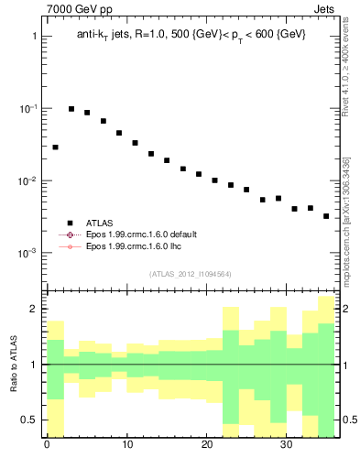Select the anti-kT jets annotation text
191,34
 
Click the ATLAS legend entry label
100,223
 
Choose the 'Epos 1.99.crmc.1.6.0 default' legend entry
141,234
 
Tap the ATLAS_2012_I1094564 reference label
190,274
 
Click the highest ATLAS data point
71,109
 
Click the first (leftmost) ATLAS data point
55,147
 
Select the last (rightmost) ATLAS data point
326,216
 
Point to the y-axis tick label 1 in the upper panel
34,37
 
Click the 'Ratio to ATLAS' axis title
14,364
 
